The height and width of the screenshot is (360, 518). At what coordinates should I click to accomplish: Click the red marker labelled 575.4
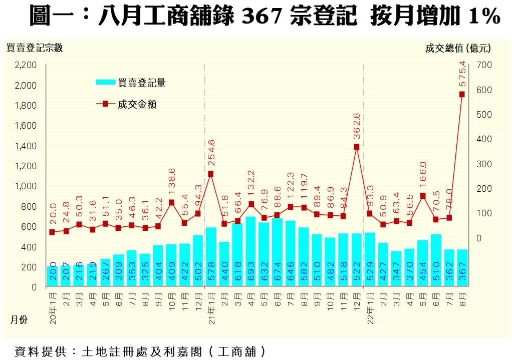click(x=462, y=94)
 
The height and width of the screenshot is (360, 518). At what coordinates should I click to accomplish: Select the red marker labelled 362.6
click(x=357, y=147)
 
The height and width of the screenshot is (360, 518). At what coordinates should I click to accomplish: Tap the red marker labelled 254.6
click(x=211, y=174)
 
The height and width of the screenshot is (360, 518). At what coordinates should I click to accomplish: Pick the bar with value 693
click(x=250, y=251)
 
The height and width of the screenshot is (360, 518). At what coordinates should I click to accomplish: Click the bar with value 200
click(x=53, y=276)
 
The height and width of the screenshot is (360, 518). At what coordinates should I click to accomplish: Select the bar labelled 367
click(x=462, y=268)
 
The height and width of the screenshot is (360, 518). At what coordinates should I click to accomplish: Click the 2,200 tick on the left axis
click(x=26, y=65)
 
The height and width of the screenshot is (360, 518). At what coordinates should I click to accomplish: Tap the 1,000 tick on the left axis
click(x=26, y=186)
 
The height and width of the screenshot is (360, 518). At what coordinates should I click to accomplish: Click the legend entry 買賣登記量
click(x=142, y=83)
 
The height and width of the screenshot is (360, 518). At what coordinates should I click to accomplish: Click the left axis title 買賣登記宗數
click(x=35, y=48)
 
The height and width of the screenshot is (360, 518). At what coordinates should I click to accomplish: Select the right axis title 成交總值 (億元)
click(x=458, y=48)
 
